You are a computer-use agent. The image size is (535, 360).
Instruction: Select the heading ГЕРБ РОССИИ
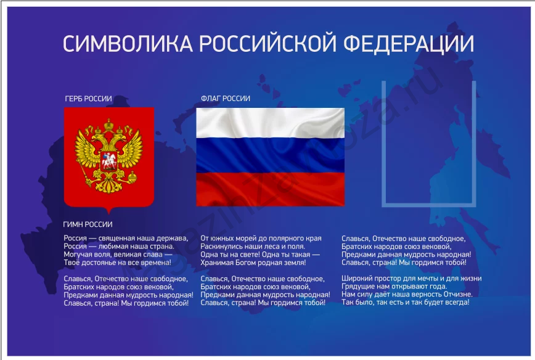[x=88, y=99]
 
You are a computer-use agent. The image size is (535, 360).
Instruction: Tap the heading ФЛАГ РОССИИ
[x=226, y=99]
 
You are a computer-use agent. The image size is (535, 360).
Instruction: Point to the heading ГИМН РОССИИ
[x=88, y=224]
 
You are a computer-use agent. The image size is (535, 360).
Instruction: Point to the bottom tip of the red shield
[x=109, y=211]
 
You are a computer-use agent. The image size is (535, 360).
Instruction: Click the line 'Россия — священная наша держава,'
[x=126, y=238]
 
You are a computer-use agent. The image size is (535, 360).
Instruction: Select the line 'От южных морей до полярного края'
[x=261, y=238]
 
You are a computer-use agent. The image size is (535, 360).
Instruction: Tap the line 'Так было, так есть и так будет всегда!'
[x=406, y=303]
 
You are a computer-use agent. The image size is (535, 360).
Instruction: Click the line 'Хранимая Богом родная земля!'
[x=253, y=262]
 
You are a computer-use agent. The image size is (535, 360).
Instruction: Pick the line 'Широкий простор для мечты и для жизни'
[x=411, y=279]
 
